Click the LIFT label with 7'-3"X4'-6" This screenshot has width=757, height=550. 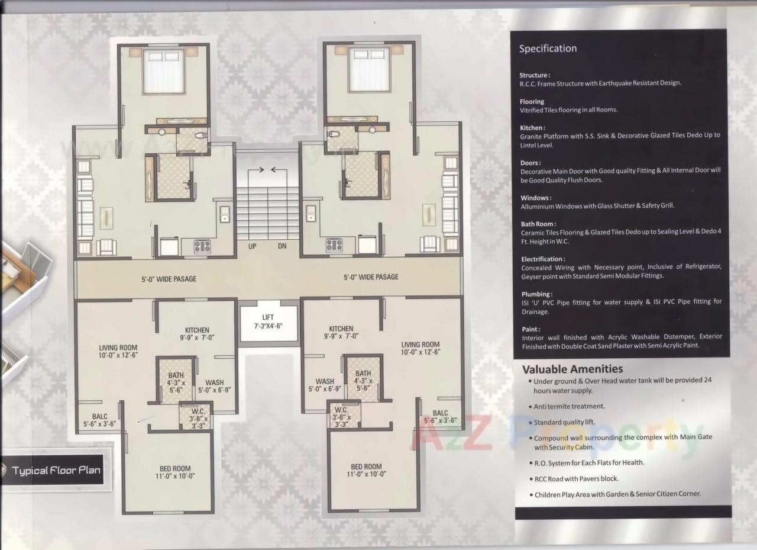[x=268, y=322]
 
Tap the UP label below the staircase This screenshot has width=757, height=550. [x=253, y=246]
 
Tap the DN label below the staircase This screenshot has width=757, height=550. [x=282, y=246]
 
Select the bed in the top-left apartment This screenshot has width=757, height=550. [x=164, y=72]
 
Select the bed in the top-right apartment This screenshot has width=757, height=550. [x=369, y=70]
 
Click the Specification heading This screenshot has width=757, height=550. [x=548, y=49]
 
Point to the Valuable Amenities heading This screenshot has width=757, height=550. [x=572, y=369]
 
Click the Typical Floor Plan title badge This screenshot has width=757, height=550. [x=56, y=471]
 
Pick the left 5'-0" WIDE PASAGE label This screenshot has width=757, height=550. [x=169, y=279]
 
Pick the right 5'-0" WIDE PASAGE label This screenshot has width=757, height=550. [x=371, y=277]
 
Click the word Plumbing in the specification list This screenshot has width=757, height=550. [x=536, y=294]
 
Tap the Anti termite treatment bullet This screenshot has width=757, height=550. [x=568, y=407]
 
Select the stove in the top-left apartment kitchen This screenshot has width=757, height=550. [x=202, y=246]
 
